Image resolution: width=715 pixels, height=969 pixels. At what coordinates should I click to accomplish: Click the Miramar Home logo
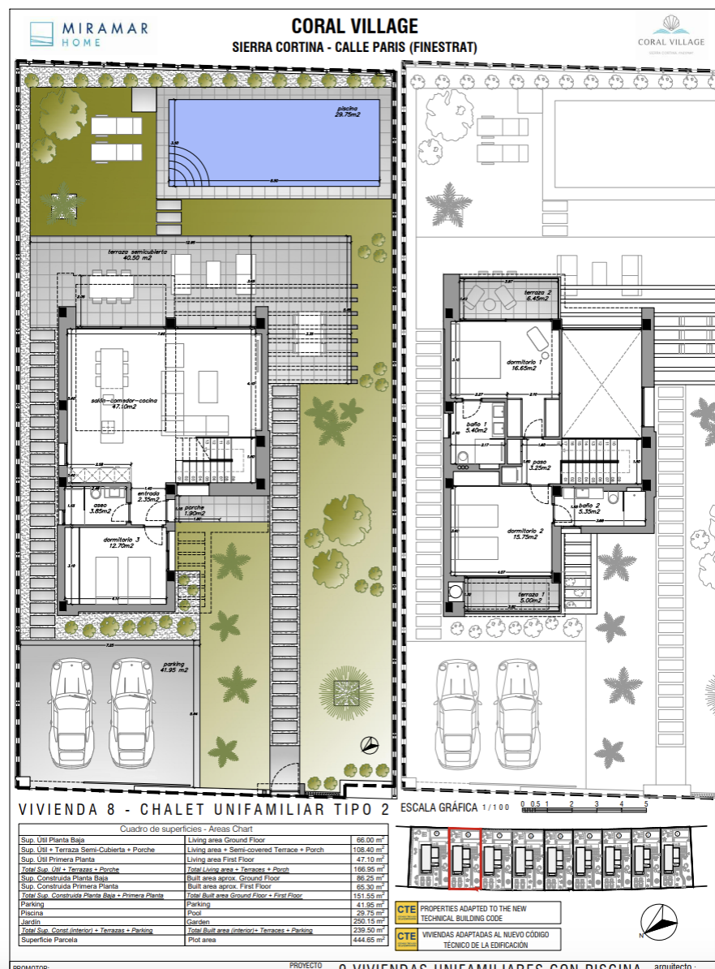88,33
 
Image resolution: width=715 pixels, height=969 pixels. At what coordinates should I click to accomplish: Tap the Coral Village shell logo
670,31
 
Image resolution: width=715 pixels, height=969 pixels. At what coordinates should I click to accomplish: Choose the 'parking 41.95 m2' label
171,667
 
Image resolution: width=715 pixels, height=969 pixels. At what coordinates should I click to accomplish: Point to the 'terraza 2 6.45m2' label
537,295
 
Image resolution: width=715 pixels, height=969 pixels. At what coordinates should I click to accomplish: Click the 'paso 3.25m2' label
540,464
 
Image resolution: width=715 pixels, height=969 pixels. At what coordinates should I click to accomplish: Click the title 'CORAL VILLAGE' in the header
355,28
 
